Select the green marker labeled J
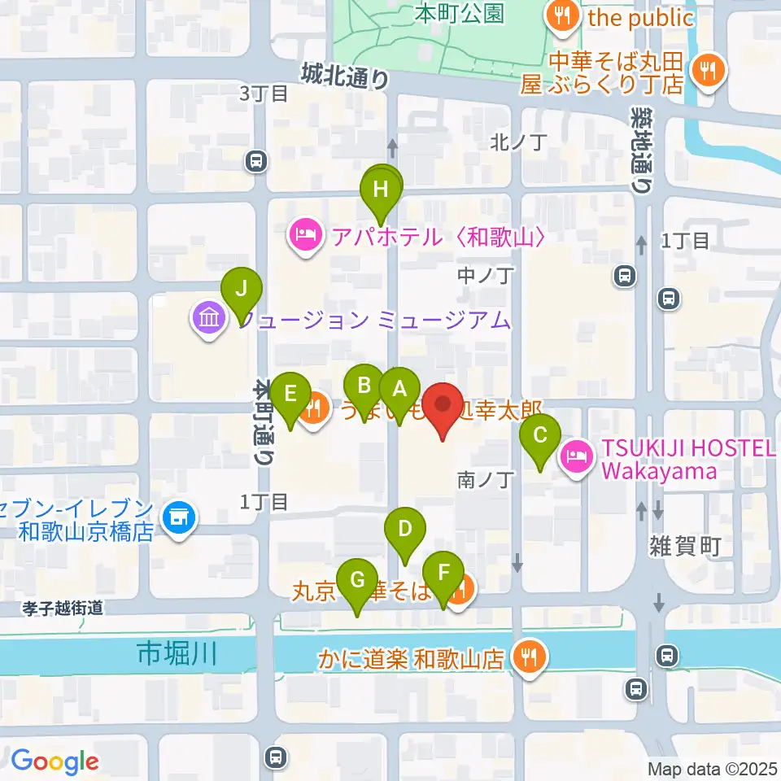pyautogui.click(x=241, y=289)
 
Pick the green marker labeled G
pyautogui.click(x=357, y=581)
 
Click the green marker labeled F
pyautogui.click(x=443, y=573)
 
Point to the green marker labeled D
pyautogui.click(x=404, y=529)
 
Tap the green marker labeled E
pyautogui.click(x=290, y=394)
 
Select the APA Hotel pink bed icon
pyautogui.click(x=306, y=237)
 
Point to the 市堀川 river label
pyautogui.click(x=177, y=653)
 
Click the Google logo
pyautogui.click(x=55, y=761)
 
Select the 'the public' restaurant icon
pyautogui.click(x=562, y=15)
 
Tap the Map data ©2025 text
pyautogui.click(x=709, y=769)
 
